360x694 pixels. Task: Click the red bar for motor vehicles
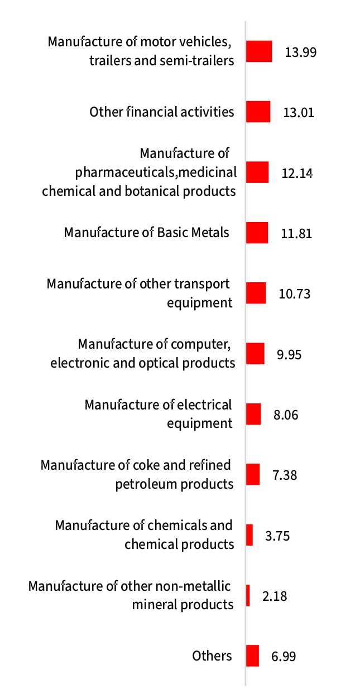(259, 51)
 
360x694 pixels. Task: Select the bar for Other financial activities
(258, 112)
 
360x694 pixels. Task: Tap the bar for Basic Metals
(257, 233)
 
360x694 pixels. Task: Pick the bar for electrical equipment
(253, 414)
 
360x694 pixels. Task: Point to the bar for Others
(252, 656)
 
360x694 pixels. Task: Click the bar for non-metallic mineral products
(248, 595)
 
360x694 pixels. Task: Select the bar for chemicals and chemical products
(249, 535)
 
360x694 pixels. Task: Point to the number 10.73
(294, 294)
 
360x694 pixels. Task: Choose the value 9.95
(289, 354)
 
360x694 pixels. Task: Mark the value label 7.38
(285, 475)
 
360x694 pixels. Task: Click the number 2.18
(275, 596)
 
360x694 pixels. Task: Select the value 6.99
(284, 657)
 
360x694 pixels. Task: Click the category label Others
(212, 656)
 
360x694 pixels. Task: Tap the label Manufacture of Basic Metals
(147, 232)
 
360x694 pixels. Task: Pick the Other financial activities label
(162, 112)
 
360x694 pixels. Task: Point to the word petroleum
(146, 484)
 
